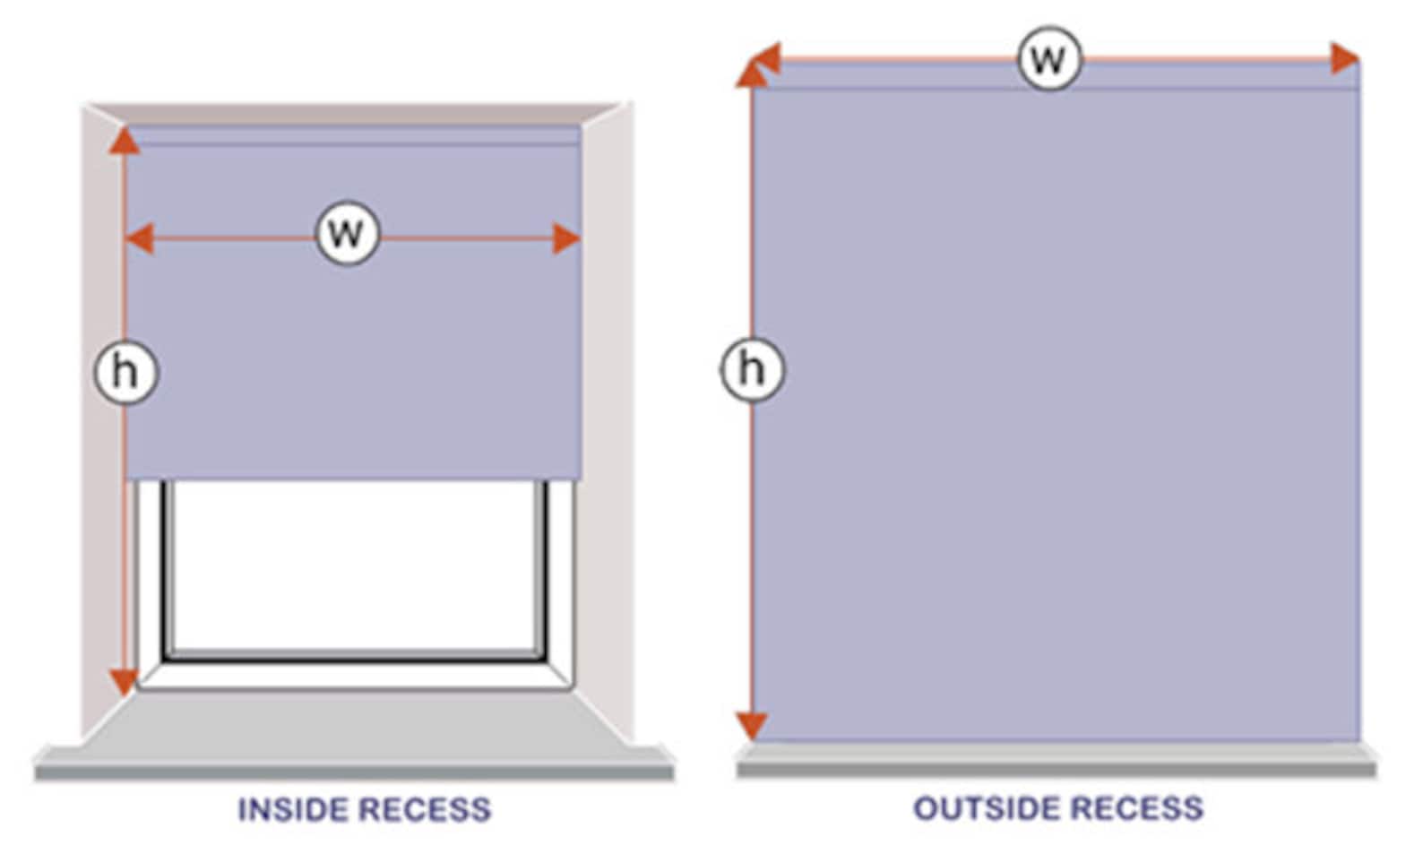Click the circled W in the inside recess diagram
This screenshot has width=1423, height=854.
pyautogui.click(x=348, y=234)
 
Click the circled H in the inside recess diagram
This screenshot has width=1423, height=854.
pyautogui.click(x=125, y=371)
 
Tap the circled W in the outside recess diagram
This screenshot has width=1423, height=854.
pyautogui.click(x=1049, y=59)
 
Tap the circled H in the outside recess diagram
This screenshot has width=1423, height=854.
pyautogui.click(x=752, y=368)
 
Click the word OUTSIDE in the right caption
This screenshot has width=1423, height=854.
pyautogui.click(x=986, y=808)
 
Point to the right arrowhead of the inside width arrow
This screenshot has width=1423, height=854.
pyautogui.click(x=566, y=239)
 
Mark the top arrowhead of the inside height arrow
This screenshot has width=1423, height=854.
pyautogui.click(x=125, y=140)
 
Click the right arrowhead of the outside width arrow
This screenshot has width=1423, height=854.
pyautogui.click(x=1345, y=58)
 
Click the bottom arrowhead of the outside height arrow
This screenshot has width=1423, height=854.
pyautogui.click(x=752, y=724)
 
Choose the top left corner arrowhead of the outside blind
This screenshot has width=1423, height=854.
pyautogui.click(x=754, y=69)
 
